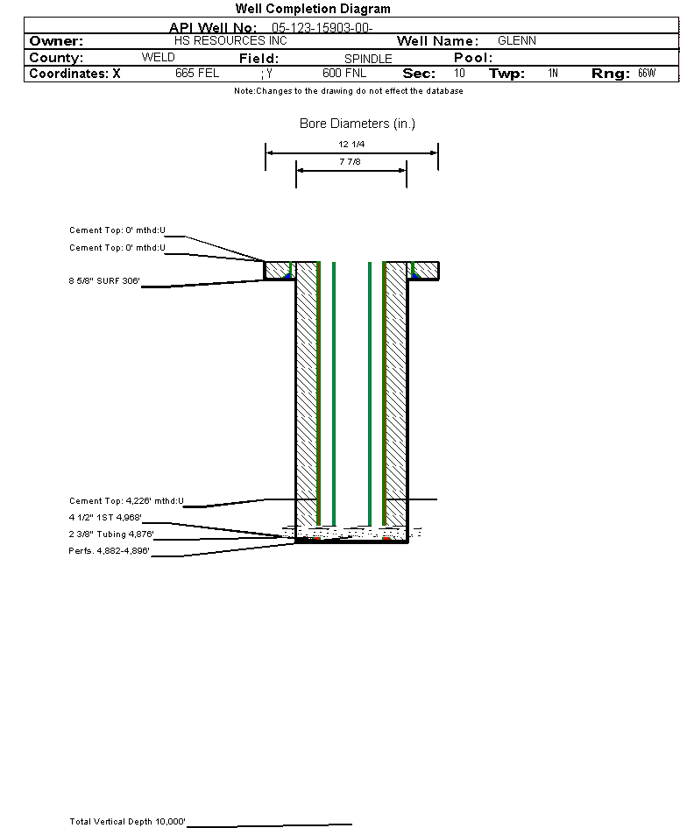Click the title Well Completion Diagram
coord(313,9)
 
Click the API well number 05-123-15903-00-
coord(322,28)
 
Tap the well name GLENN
coord(516,41)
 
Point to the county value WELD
coord(158,58)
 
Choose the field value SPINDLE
coord(368,59)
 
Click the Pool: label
coord(473,58)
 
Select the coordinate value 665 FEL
coord(196,74)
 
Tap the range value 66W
coord(646,74)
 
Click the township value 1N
coord(553,74)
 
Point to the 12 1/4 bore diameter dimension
coord(351,144)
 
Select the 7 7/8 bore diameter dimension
coord(351,162)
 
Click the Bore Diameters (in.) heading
coord(358,124)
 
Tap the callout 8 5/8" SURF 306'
coord(104,281)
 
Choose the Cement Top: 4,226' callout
coord(127,501)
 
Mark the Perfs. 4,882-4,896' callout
coord(110,551)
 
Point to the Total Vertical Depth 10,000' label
coord(128,822)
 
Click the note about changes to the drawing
coord(349,91)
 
